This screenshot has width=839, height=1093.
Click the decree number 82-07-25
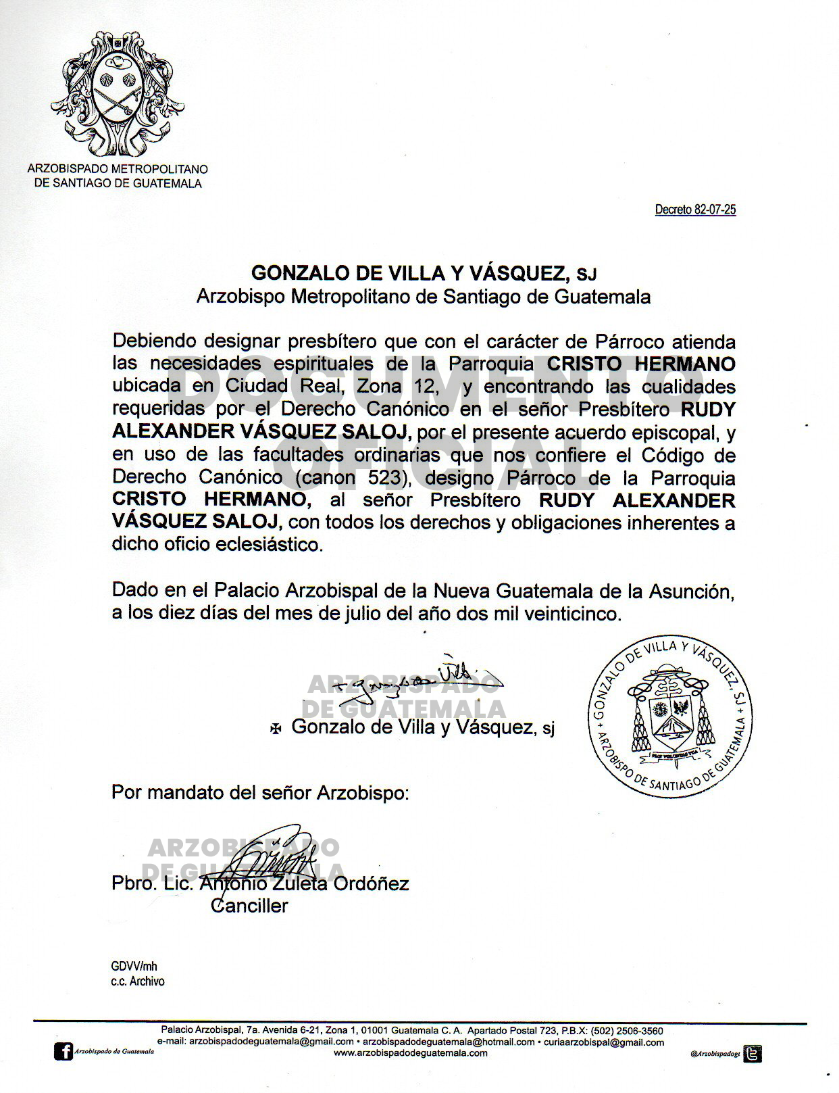695,210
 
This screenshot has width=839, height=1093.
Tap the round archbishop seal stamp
669,716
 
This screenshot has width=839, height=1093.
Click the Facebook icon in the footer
64,1052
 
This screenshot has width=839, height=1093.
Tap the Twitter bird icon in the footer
753,1053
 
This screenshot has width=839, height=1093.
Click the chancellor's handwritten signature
270,855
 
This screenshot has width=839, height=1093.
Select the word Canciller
249,906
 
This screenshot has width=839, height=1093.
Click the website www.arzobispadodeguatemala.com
411,1053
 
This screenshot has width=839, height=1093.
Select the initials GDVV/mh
134,967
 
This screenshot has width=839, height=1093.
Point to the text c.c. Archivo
138,981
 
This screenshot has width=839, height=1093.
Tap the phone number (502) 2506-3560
627,1031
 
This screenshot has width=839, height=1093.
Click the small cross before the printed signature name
276,728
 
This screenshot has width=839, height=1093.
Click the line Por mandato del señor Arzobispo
260,792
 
